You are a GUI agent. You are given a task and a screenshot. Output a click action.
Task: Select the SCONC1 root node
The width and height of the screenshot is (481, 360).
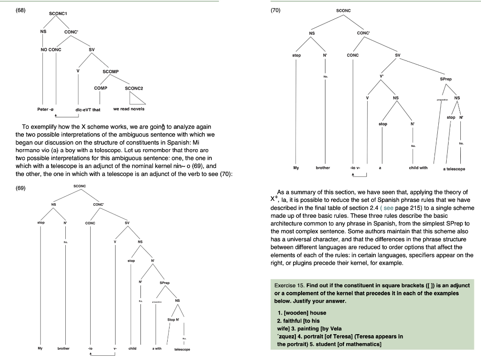(59, 14)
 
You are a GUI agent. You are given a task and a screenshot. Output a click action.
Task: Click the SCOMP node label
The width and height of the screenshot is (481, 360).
(110, 71)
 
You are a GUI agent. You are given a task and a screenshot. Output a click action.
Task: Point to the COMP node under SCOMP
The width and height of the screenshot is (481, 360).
(101, 88)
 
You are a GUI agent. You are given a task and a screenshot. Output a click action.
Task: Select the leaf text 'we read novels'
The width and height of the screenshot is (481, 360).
(129, 109)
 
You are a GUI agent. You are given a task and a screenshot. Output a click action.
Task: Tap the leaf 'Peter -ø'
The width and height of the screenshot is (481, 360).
(46, 109)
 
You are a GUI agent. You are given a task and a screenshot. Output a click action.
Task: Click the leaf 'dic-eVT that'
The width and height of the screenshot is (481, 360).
(88, 109)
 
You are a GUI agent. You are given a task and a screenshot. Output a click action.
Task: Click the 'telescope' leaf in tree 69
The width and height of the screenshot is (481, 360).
(182, 350)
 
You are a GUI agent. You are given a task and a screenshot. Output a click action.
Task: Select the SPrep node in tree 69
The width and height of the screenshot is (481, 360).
(164, 283)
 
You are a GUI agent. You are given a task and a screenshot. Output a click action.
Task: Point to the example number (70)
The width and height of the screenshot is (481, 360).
(275, 10)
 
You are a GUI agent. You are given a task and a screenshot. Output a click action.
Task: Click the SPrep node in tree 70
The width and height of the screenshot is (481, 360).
(446, 79)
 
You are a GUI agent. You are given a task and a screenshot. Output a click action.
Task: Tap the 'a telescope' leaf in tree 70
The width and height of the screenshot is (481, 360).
(454, 169)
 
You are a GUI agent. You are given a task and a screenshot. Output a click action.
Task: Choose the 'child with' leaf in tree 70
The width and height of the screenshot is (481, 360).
(418, 168)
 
